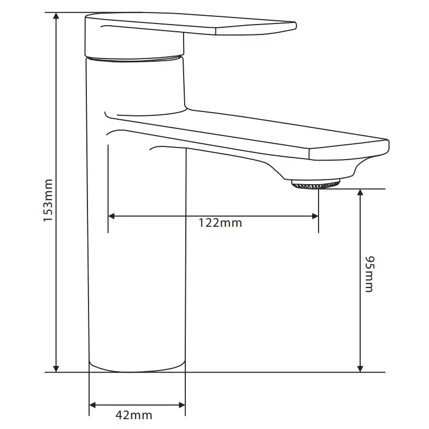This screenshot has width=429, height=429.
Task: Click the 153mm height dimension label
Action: [x=48, y=200]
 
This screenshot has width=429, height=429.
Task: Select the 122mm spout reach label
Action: [x=220, y=222]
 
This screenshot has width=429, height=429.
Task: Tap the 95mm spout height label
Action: [x=369, y=273]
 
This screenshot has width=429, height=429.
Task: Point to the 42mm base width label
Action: [x=133, y=415]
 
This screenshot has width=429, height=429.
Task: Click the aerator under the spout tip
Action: [x=316, y=184]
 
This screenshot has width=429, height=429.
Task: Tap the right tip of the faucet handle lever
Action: [x=295, y=25]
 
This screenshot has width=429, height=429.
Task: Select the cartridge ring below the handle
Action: [x=134, y=58]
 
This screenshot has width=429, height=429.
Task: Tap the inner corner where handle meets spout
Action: [x=186, y=106]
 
